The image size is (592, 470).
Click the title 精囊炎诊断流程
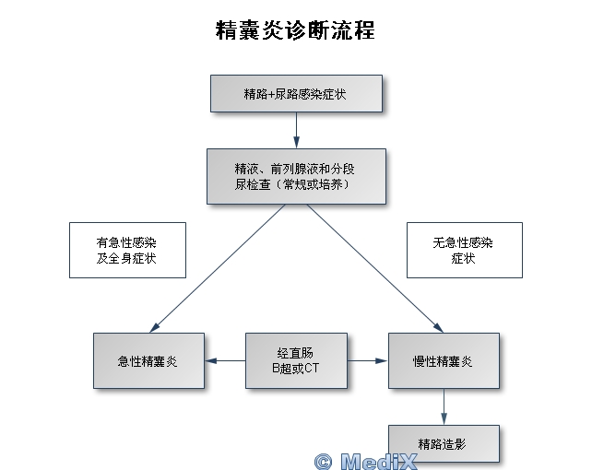coord(295,30)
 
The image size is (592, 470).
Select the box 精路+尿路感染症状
coord(295,94)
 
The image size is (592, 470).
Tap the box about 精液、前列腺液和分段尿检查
coord(295,176)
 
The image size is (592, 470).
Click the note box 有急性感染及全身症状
coord(126,250)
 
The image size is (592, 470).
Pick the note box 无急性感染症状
coord(463,250)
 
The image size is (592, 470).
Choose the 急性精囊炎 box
coord(148,360)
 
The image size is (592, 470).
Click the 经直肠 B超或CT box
coord(297,360)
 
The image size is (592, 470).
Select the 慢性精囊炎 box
coord(444,360)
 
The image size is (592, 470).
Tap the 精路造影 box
coord(443,443)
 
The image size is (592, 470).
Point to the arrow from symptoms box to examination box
coord(296,131)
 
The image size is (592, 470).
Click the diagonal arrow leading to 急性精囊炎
coord(218,267)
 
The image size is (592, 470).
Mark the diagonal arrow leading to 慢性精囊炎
coord(374,267)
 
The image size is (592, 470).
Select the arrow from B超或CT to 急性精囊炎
coord(225,360)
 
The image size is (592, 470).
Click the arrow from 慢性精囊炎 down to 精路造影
coord(444,406)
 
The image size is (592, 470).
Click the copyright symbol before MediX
coord(323,460)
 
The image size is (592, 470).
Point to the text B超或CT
coord(297,369)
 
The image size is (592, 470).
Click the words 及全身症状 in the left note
coord(126,258)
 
